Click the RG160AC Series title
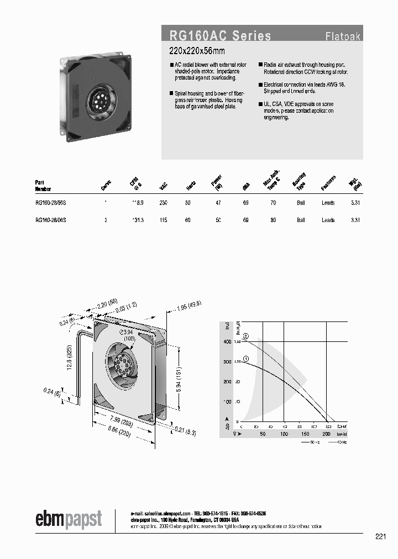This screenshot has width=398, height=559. click(220, 36)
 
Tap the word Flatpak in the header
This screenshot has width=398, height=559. click(343, 37)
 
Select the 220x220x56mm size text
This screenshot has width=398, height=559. click(196, 51)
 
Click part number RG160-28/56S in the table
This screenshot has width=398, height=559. click(51, 203)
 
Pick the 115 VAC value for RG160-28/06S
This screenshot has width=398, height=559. click(164, 220)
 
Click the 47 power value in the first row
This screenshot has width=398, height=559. click(218, 203)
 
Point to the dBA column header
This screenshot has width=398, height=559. click(245, 187)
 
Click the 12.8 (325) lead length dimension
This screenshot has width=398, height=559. click(69, 359)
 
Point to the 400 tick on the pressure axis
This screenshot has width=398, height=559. click(227, 342)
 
